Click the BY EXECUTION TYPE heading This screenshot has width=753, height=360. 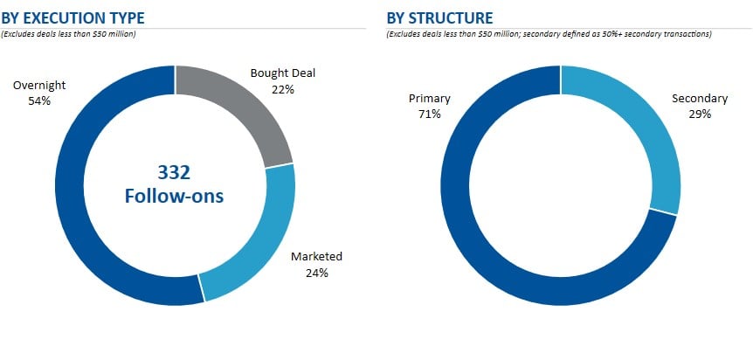(73, 17)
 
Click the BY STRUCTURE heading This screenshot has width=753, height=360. (439, 17)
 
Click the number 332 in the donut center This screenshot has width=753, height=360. (174, 172)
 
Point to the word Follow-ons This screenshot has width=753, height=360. (174, 197)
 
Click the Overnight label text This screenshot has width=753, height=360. (38, 87)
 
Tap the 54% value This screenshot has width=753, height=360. (38, 100)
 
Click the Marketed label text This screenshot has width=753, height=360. (316, 257)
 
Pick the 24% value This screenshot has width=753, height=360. (316, 272)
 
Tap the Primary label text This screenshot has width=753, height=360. (429, 99)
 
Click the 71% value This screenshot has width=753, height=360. (429, 114)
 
